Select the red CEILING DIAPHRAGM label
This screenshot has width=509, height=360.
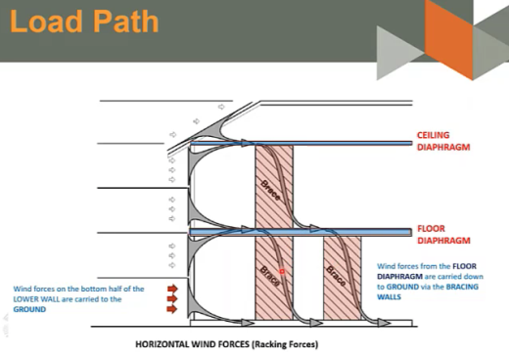click(x=443, y=141)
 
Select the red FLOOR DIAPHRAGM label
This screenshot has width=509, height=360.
click(x=443, y=234)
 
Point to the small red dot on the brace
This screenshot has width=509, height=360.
click(x=282, y=268)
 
